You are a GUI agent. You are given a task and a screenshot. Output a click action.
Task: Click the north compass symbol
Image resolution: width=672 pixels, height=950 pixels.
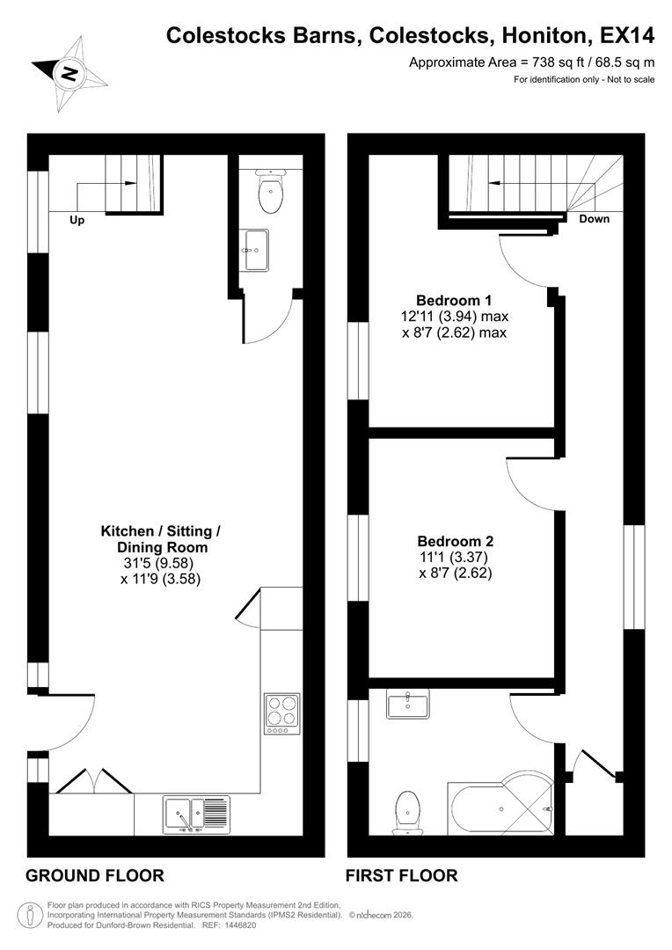(69, 71)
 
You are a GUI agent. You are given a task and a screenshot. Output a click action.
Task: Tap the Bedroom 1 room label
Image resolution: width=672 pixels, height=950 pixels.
(454, 298)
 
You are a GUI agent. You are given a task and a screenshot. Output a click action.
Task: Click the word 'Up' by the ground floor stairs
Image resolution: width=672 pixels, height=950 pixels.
(77, 221)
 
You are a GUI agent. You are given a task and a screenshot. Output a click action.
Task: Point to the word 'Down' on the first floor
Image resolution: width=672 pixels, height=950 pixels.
(594, 219)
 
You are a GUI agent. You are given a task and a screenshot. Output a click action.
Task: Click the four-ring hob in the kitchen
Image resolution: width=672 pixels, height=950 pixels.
(282, 712)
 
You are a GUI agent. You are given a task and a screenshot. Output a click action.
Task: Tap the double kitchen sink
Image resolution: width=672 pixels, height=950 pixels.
(196, 815)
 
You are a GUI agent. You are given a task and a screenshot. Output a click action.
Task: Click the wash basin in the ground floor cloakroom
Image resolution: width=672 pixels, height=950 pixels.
(255, 250)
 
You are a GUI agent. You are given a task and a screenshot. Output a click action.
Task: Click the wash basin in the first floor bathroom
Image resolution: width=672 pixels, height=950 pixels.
(407, 705)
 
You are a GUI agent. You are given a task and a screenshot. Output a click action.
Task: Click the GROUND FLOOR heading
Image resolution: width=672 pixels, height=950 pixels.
(95, 875)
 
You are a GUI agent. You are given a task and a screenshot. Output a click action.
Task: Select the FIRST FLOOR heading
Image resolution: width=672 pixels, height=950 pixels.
(401, 875)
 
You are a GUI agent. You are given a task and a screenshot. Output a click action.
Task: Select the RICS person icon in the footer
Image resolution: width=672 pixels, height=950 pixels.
(33, 915)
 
